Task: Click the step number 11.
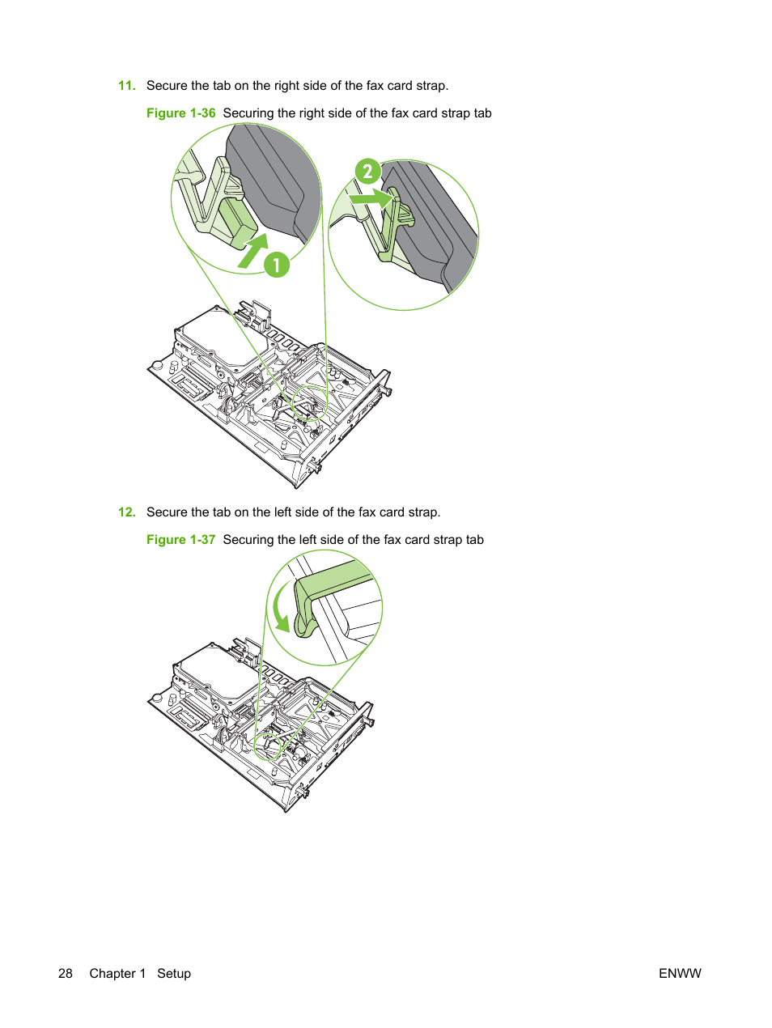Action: (127, 86)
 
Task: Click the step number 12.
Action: (127, 512)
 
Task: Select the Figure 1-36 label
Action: (180, 113)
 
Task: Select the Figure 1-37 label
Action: (180, 540)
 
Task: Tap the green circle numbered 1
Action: (277, 265)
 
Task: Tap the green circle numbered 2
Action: (367, 171)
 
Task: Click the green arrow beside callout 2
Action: (371, 198)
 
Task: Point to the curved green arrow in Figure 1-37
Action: (279, 606)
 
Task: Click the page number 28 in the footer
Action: (66, 974)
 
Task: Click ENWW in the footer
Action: (680, 974)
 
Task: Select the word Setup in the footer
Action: (174, 974)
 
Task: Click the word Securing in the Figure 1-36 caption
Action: (248, 114)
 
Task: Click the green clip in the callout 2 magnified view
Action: (396, 225)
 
